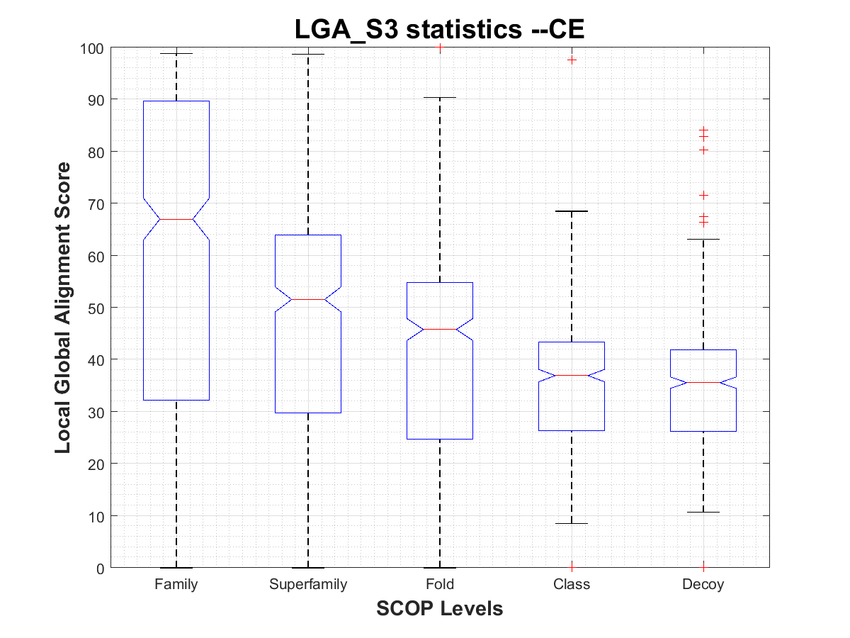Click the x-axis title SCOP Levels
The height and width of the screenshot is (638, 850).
click(x=440, y=608)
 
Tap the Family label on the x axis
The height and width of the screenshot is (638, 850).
click(x=176, y=585)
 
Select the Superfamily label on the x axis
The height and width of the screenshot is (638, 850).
click(x=308, y=585)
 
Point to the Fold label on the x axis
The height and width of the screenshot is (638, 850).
click(x=440, y=585)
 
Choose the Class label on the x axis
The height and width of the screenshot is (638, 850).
click(x=572, y=585)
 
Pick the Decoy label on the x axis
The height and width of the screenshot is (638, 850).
click(x=703, y=585)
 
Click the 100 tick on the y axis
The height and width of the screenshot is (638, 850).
click(x=93, y=48)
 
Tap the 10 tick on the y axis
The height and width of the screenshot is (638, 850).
click(x=96, y=516)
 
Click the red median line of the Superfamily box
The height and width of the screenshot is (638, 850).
click(x=308, y=300)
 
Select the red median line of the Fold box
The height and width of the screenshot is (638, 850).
click(x=440, y=329)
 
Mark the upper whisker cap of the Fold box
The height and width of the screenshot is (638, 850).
click(x=440, y=97)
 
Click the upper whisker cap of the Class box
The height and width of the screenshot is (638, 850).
click(x=572, y=211)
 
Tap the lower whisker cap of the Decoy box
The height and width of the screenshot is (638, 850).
click(x=703, y=512)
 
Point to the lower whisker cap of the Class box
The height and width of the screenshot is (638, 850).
click(x=572, y=523)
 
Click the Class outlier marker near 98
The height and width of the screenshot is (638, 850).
click(x=572, y=60)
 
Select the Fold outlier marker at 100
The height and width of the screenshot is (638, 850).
click(x=440, y=48)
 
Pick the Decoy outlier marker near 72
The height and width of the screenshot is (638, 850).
click(x=703, y=195)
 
